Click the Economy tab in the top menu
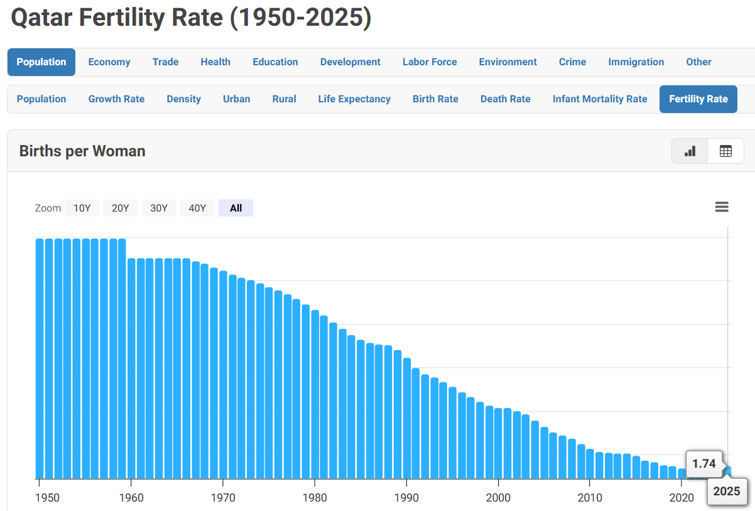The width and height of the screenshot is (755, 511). [x=109, y=62]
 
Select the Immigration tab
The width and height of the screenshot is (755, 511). [x=636, y=62]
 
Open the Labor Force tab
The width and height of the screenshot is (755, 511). [x=430, y=62]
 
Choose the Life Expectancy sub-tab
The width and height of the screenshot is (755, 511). [x=354, y=99]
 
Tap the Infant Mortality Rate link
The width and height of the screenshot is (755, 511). [x=600, y=99]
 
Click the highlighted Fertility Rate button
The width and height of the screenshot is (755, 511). [x=698, y=99]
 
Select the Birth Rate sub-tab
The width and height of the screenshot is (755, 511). [x=435, y=99]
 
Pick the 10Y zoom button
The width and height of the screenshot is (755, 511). [x=82, y=208]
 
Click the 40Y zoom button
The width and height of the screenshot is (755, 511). [x=197, y=208]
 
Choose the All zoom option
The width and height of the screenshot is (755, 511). [x=236, y=208]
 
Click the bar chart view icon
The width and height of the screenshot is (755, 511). [x=690, y=151]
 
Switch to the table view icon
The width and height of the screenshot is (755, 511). [x=725, y=151]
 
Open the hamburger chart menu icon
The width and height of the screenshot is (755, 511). [x=722, y=207]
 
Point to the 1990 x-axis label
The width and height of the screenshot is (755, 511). [x=407, y=498]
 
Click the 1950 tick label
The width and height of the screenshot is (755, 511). [x=48, y=498]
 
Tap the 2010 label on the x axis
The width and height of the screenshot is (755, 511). [x=590, y=498]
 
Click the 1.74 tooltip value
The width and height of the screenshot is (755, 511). [x=704, y=464]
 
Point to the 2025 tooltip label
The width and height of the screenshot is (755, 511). [x=726, y=492]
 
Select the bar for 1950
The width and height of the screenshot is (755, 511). [x=40, y=358]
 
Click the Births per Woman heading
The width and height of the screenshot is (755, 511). [x=82, y=151]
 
